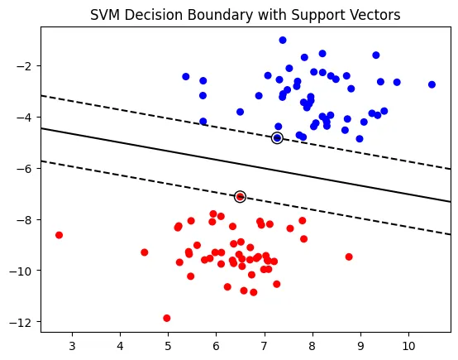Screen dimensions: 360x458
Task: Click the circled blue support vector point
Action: pyautogui.click(x=277, y=138)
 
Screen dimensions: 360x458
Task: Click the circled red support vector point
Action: pyautogui.click(x=240, y=197)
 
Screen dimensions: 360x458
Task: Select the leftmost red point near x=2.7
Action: pyautogui.click(x=59, y=235)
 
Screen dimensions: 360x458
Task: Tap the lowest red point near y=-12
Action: pyautogui.click(x=167, y=318)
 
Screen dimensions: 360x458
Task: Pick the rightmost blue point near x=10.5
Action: pyautogui.click(x=432, y=84)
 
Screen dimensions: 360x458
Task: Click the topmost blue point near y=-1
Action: pyautogui.click(x=283, y=40)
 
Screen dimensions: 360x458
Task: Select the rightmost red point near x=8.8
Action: pyautogui.click(x=349, y=257)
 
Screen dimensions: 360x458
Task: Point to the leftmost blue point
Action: pyautogui.click(x=186, y=77)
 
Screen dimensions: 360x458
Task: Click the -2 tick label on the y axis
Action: pyautogui.click(x=25, y=66)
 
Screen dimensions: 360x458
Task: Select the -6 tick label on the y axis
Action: pyautogui.click(x=25, y=168)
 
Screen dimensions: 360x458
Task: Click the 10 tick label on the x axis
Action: pyautogui.click(x=408, y=345)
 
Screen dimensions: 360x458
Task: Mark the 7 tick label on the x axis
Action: pyautogui.click(x=264, y=345)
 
